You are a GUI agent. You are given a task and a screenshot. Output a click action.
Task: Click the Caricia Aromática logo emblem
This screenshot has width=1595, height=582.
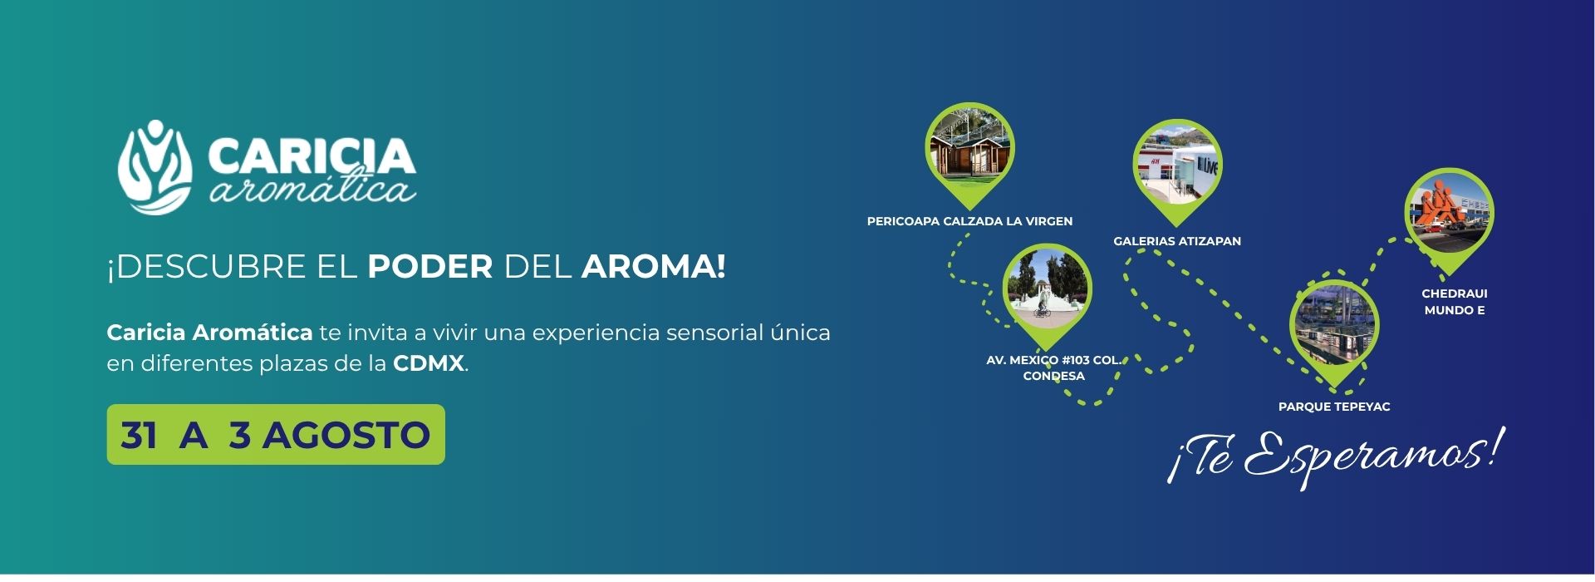click(155, 167)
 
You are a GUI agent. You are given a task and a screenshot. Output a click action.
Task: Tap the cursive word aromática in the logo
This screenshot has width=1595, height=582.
click(312, 188)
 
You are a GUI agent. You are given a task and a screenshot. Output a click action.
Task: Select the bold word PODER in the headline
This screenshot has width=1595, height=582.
click(430, 267)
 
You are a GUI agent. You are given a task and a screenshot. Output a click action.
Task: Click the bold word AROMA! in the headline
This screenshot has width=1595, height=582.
click(654, 267)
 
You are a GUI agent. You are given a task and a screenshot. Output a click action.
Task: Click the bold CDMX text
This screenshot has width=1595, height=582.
click(429, 363)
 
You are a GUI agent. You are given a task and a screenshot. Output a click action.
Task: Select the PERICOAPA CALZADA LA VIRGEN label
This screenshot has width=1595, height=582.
click(969, 222)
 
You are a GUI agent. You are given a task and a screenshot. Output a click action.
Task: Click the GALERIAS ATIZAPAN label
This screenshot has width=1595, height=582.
click(1177, 241)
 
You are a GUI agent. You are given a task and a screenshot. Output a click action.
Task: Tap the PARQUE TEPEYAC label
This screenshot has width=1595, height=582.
click(1334, 407)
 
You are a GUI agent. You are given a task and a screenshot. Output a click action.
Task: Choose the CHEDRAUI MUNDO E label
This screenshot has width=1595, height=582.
click(1455, 302)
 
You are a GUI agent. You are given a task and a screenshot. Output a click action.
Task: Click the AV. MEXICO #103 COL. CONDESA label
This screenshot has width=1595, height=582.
click(1053, 368)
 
